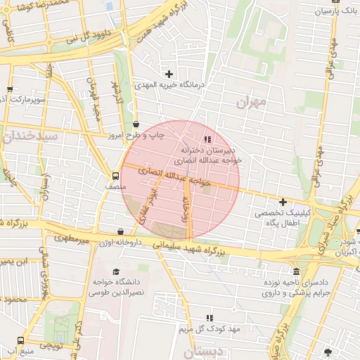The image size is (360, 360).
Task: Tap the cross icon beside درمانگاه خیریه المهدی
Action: (x=169, y=73)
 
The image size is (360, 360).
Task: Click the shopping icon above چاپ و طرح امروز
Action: (x=135, y=122)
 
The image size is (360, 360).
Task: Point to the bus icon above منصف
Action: (x=115, y=176)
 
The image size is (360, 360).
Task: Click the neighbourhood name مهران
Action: (x=253, y=103)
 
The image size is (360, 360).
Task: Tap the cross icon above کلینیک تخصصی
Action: (x=282, y=202)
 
